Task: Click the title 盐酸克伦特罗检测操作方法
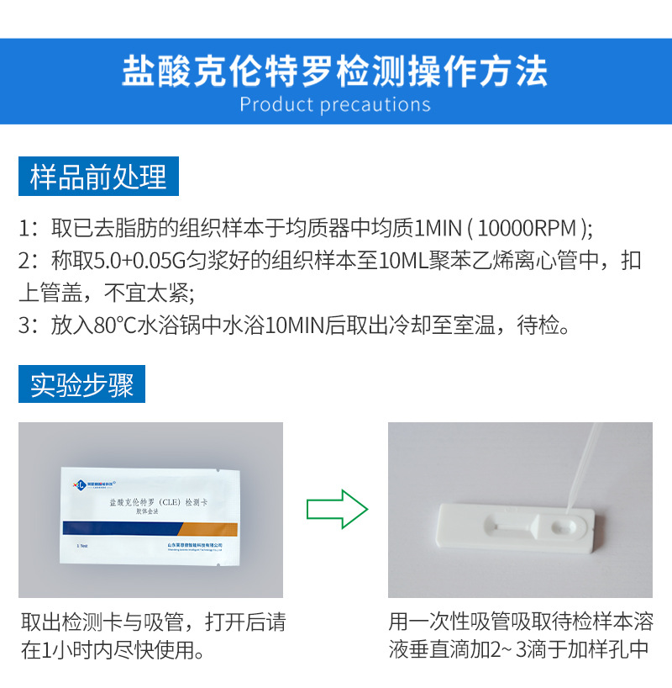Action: pos(335,71)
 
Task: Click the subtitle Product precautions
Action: pos(335,105)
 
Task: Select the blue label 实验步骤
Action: pos(82,385)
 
